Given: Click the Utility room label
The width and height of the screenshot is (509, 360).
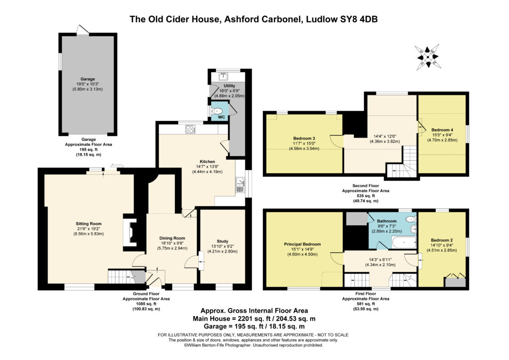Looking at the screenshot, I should click(229, 86).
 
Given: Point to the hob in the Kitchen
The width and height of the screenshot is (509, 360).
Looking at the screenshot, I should click(190, 129).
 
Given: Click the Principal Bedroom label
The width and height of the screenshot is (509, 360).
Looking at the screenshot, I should click(302, 244).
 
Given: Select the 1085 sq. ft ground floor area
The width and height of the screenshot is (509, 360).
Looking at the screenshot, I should click(147, 304).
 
